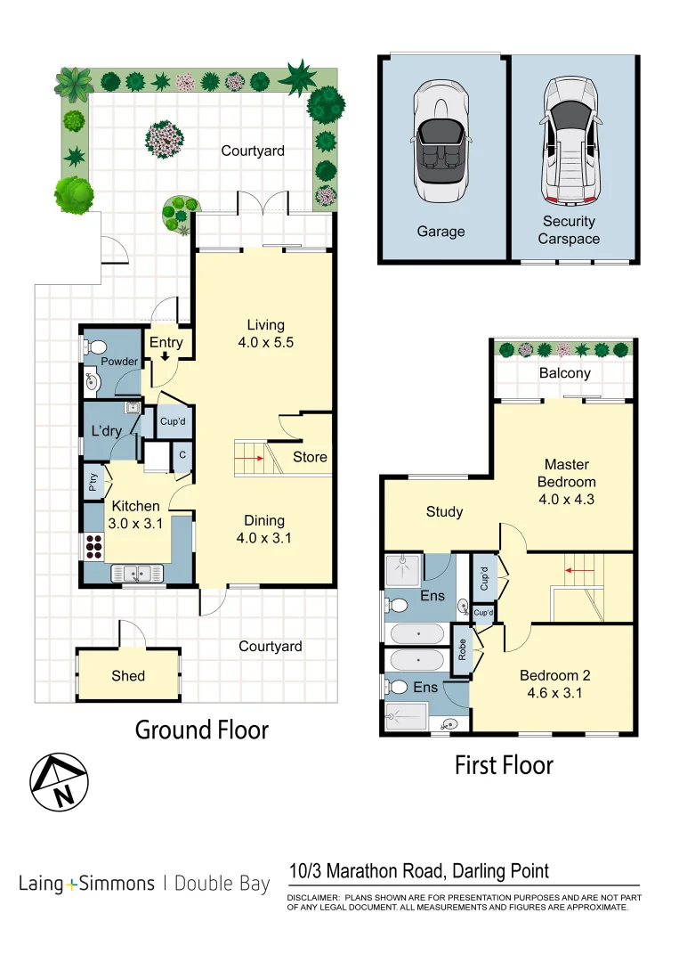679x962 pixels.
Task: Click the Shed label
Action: point(128,676)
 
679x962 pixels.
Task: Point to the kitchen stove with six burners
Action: point(93,545)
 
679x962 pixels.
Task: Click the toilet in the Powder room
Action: point(97,346)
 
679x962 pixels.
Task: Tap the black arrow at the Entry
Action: point(166,356)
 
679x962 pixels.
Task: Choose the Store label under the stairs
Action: point(311,457)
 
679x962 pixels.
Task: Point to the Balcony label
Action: point(564,373)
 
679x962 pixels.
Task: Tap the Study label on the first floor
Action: point(444,511)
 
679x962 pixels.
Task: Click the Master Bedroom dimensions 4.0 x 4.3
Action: point(567,499)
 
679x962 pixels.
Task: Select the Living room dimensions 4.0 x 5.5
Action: point(265,341)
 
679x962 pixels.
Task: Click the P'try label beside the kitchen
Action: point(93,483)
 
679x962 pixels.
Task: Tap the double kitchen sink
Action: point(137,574)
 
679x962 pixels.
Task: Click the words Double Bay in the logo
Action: point(222,885)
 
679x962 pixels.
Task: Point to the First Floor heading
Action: point(504,765)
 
